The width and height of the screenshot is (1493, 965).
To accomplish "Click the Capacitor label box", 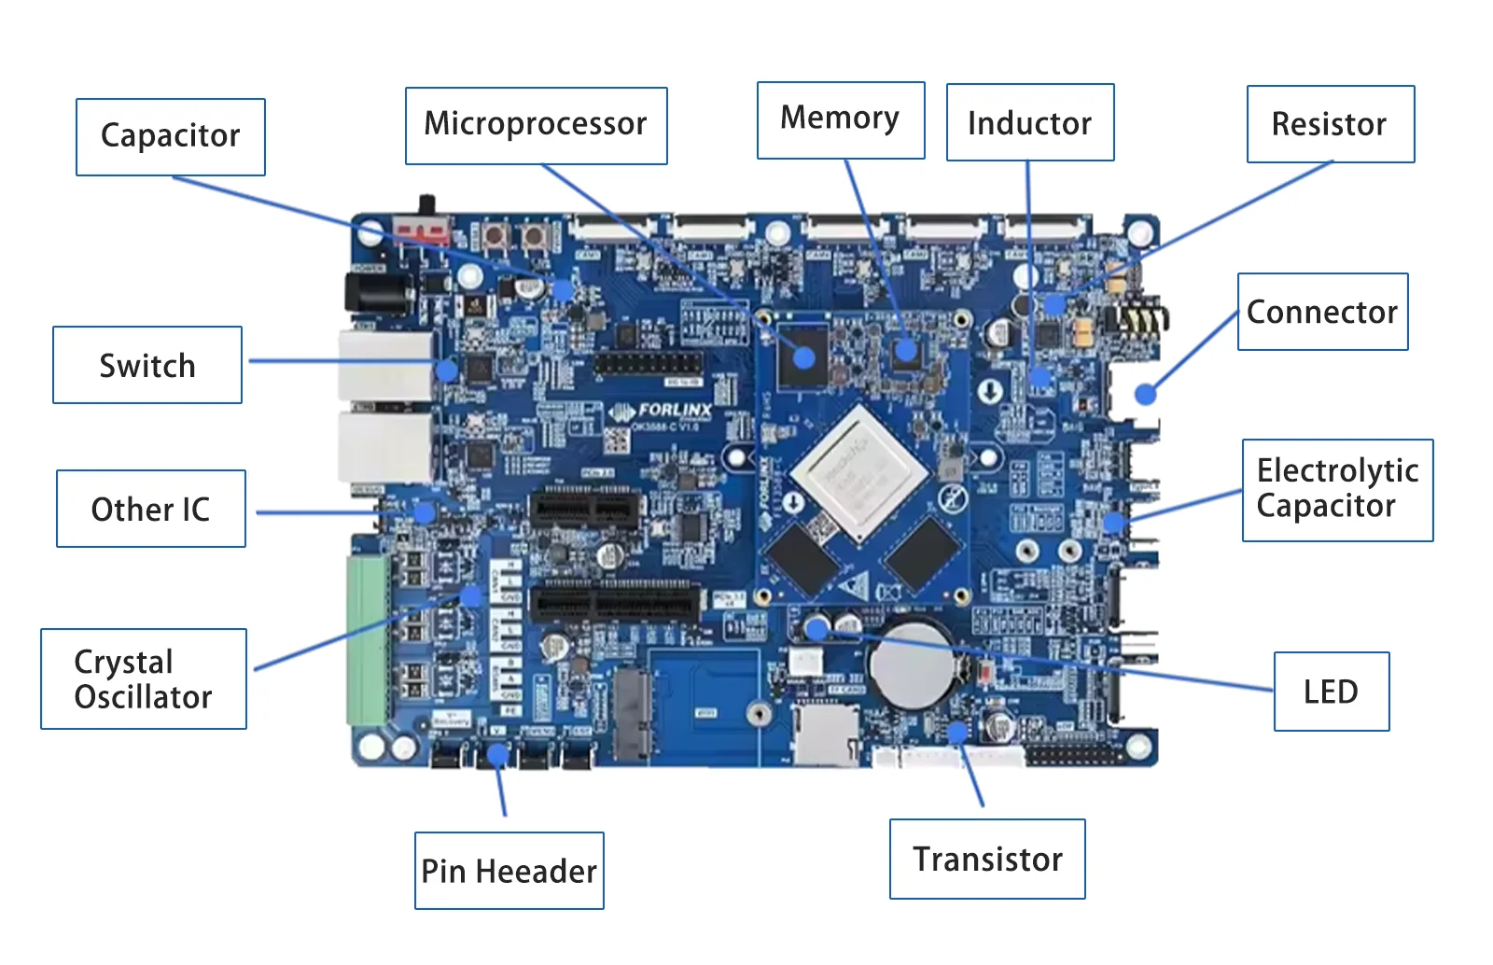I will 171,137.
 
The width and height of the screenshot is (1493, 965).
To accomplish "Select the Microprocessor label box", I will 536,126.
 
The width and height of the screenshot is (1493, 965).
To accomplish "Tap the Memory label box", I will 840,119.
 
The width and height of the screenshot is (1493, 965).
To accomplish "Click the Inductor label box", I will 1029,122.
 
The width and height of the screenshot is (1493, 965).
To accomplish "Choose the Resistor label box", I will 1330,124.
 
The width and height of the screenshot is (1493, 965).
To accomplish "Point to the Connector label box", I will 1321,312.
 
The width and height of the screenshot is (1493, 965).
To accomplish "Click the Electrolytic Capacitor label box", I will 1336,489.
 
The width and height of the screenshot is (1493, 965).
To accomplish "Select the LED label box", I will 1331,692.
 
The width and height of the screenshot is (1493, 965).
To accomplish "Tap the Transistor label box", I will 987,859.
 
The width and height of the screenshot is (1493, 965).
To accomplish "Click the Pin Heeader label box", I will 509,870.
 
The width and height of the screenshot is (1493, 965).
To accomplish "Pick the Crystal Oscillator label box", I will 144,678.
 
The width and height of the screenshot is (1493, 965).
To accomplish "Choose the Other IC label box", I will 150,509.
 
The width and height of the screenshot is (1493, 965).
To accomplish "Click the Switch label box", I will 147,365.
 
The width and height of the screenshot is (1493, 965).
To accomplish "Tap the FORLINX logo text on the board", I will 673,410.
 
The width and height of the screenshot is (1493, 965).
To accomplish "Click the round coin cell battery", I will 912,664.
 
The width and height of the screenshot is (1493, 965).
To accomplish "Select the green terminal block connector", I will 369,639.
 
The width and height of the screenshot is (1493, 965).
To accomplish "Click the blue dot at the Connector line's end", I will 1145,394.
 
